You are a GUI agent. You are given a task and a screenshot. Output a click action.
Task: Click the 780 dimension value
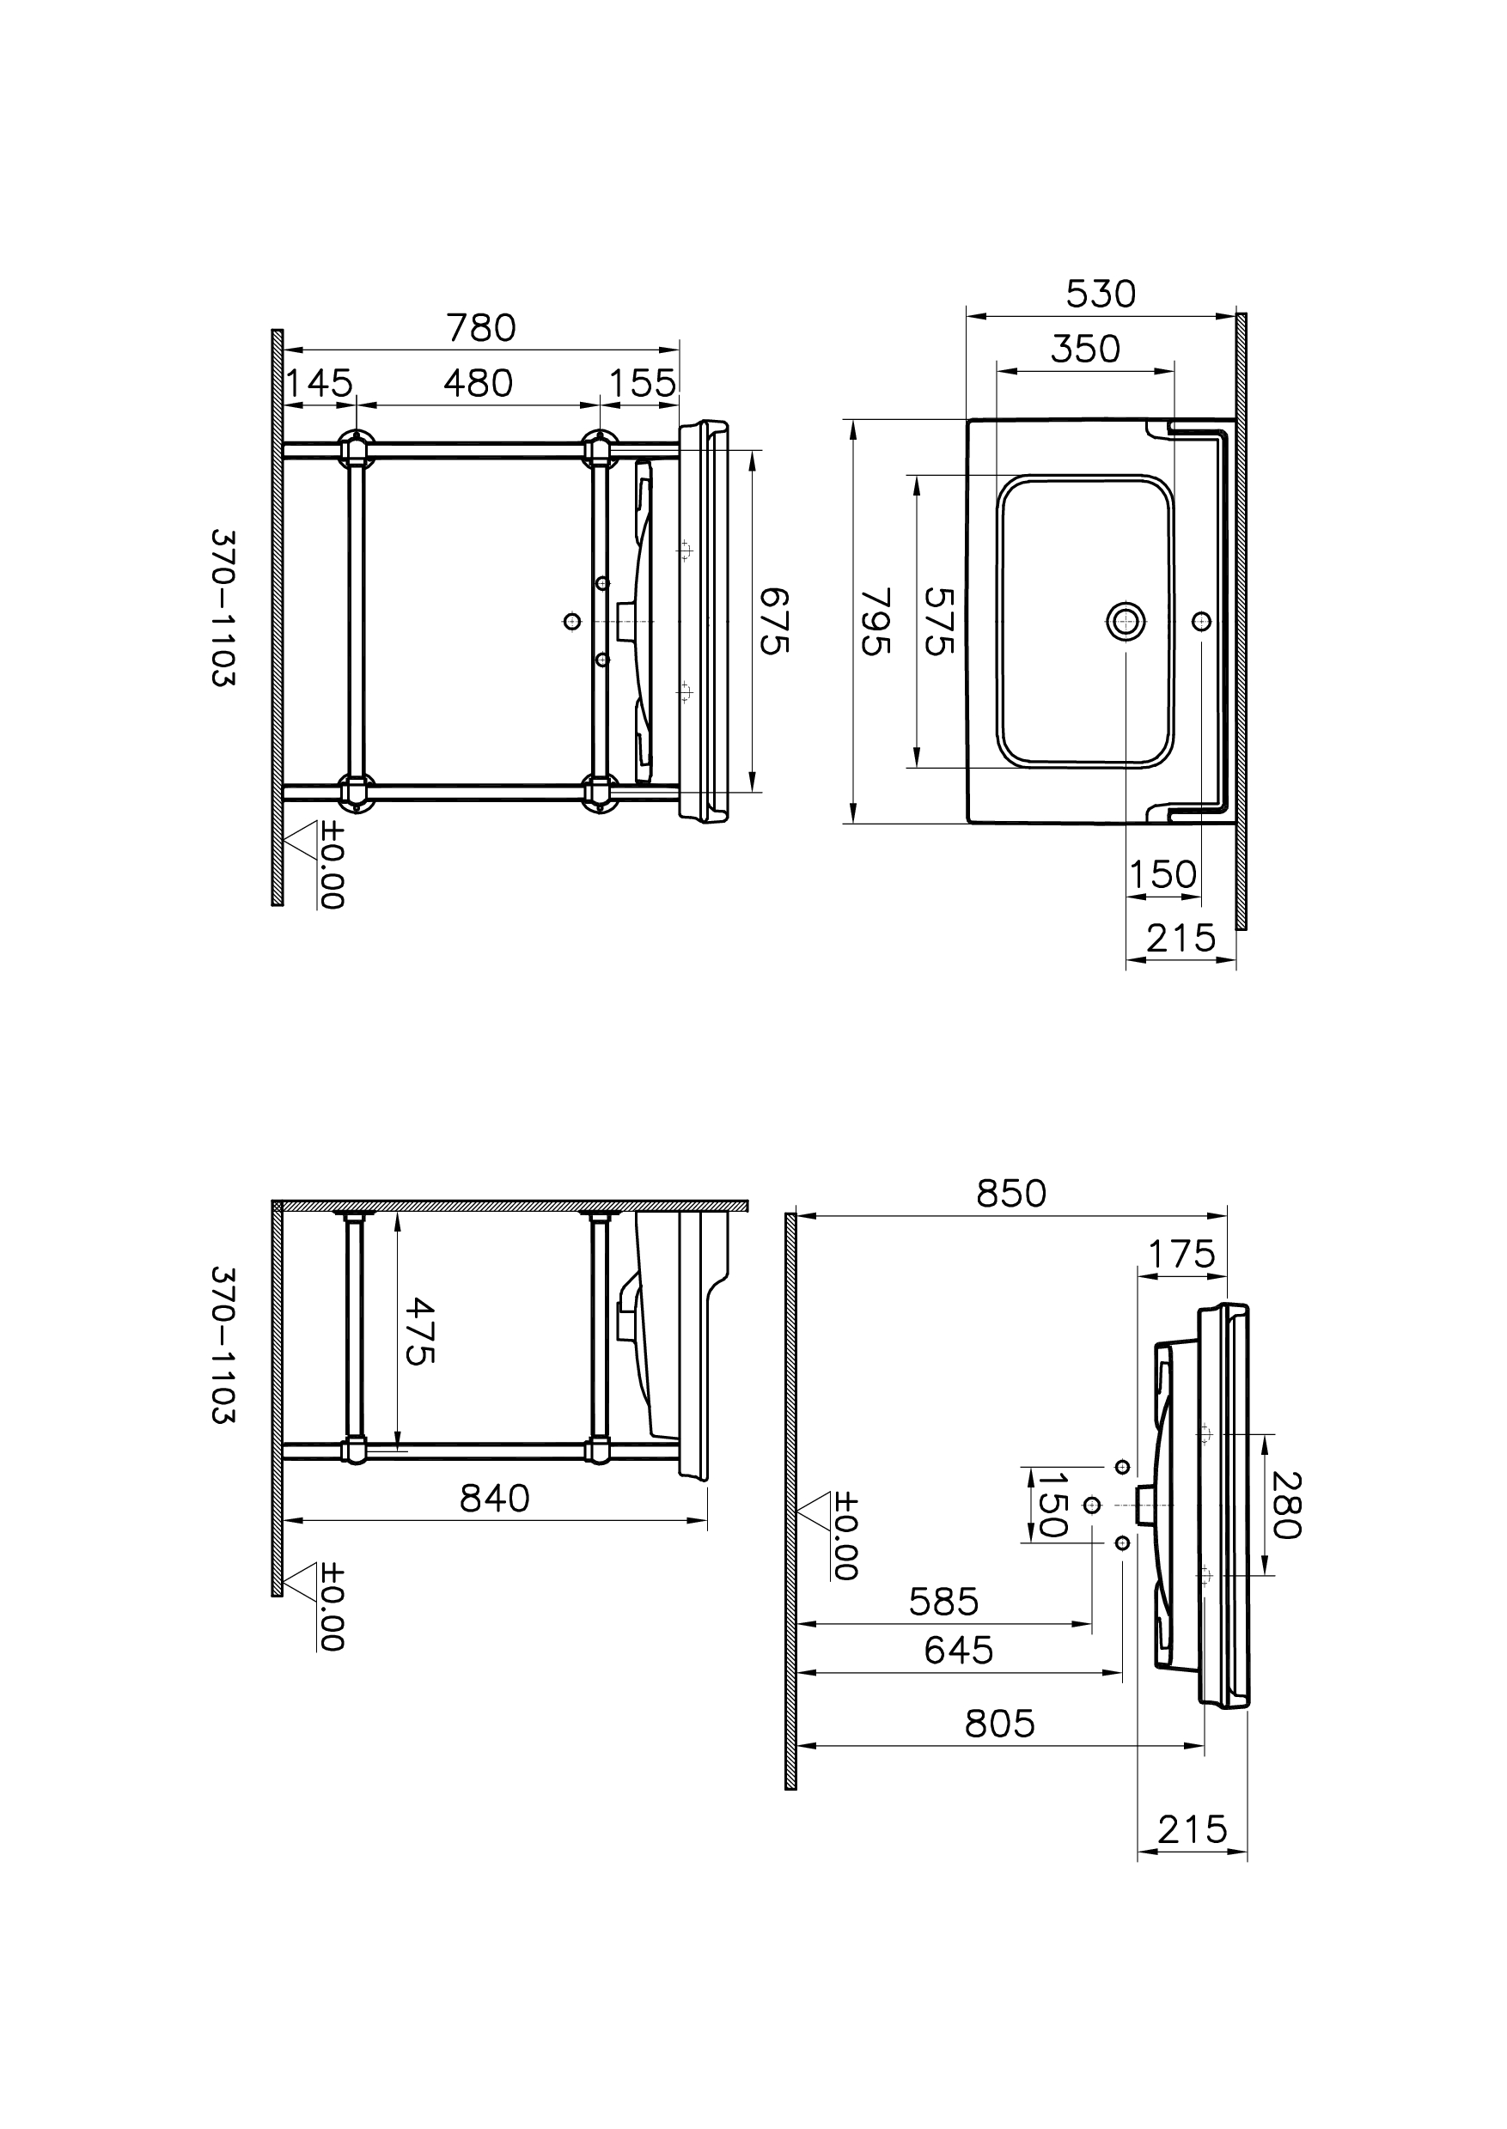click(x=480, y=328)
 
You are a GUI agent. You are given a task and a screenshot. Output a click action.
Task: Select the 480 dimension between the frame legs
click(x=478, y=383)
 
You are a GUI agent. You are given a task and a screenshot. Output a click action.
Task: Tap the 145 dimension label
click(x=318, y=383)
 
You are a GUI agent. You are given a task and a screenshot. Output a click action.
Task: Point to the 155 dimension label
click(x=643, y=383)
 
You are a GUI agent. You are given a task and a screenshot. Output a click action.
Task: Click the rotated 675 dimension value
click(x=775, y=621)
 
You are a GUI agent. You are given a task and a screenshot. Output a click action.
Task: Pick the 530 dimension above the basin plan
click(x=1100, y=294)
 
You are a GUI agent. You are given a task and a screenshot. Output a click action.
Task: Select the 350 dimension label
click(x=1085, y=349)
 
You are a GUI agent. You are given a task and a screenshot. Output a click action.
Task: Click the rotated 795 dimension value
click(x=876, y=621)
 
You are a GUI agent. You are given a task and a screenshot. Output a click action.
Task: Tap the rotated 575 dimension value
click(x=939, y=621)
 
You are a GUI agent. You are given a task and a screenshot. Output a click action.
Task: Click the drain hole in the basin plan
click(x=1125, y=620)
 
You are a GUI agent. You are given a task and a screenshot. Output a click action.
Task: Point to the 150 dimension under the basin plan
click(x=1162, y=875)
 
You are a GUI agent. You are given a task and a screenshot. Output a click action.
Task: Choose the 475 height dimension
click(x=419, y=1330)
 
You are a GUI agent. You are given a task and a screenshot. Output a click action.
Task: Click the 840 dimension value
click(x=495, y=1498)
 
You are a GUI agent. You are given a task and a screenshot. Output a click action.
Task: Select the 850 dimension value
click(x=1010, y=1194)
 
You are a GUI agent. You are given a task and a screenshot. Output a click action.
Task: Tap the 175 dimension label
click(x=1181, y=1255)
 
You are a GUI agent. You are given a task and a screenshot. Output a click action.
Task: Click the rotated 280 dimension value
click(x=1287, y=1505)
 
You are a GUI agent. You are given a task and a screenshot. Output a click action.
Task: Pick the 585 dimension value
click(x=943, y=1602)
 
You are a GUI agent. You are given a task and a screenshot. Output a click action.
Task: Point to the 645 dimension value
click(x=959, y=1651)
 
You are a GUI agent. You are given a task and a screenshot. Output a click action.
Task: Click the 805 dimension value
click(x=999, y=1724)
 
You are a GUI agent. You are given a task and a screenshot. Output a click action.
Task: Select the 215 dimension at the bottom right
click(x=1193, y=1830)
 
